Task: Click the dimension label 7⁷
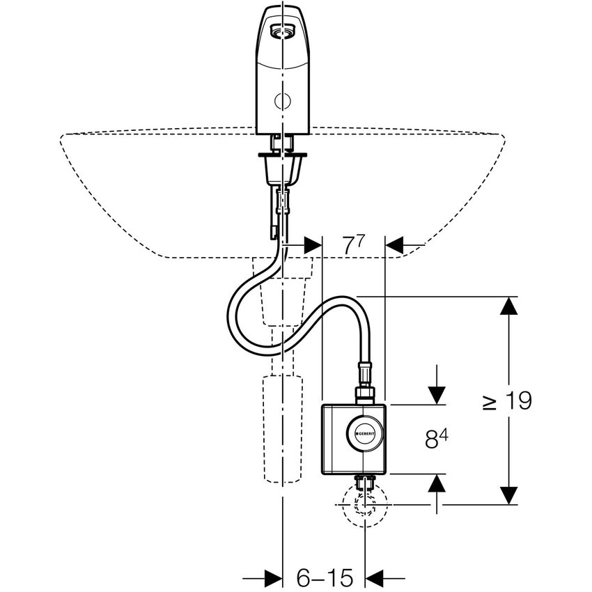click(x=353, y=246)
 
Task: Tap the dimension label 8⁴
click(x=435, y=439)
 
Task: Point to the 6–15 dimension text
click(x=325, y=577)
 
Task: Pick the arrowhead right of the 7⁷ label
click(x=396, y=245)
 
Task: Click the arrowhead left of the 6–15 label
click(x=272, y=577)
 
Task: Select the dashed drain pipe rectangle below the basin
click(x=283, y=428)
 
